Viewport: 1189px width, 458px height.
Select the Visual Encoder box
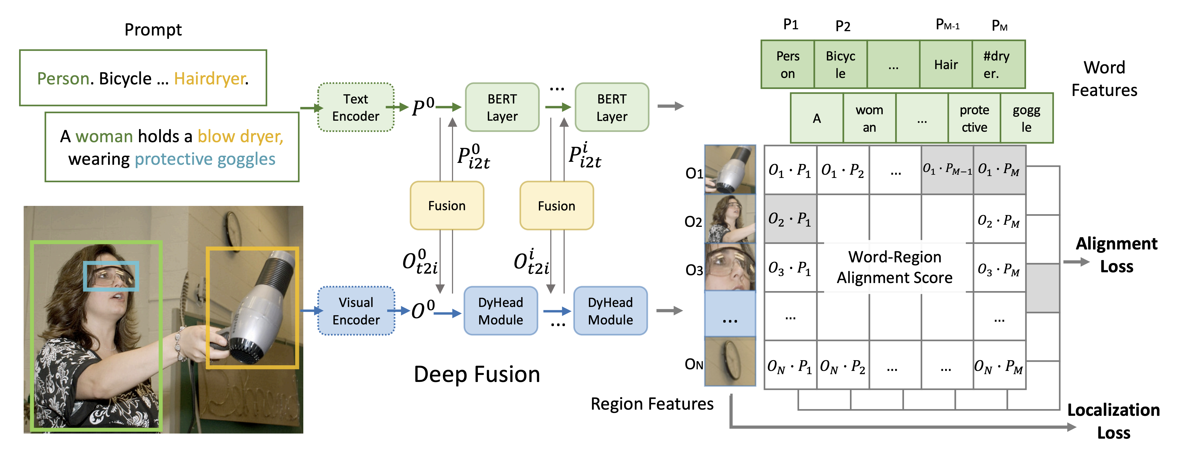tap(356, 311)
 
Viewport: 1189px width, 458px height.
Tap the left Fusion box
tap(447, 206)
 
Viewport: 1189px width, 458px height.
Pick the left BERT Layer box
tap(502, 108)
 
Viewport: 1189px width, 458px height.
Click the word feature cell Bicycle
tap(841, 65)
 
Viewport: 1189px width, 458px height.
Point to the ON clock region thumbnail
tap(730, 362)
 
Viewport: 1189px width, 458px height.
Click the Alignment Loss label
tap(1116, 255)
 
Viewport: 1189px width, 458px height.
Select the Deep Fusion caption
tap(477, 374)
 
